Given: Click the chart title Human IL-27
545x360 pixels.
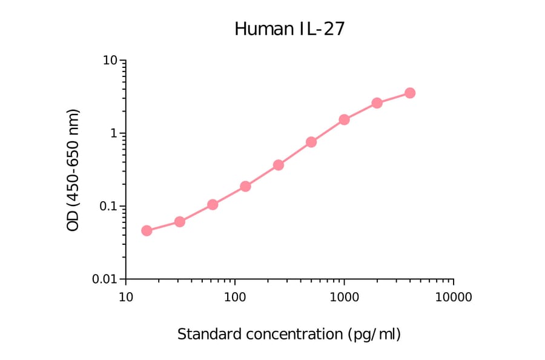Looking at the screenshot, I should point(289,28).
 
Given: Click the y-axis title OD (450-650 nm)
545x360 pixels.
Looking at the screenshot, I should point(73,170).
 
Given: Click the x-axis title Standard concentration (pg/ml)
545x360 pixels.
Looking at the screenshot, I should point(289,334).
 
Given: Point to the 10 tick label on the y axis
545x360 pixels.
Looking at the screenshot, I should point(110,61).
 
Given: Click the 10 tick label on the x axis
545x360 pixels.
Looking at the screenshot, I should point(125,298).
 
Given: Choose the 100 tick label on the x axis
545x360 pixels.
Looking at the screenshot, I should point(235,298).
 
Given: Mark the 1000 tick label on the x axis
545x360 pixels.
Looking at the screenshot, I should point(344,298).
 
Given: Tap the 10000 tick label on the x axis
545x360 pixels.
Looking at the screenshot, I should point(453,298).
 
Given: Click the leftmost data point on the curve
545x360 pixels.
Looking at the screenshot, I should point(147,230).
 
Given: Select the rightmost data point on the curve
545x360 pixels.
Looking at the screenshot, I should point(410,93).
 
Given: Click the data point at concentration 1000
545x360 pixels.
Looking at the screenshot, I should point(344,119).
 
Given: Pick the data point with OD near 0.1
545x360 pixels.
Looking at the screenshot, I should point(213,204).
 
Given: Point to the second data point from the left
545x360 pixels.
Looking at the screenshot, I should point(179,222).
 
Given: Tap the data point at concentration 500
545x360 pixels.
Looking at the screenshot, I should point(311,142).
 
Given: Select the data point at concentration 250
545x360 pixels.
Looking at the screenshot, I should point(279,165).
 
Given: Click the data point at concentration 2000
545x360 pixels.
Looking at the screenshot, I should point(377,103).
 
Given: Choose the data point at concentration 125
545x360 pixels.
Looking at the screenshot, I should point(245,186).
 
